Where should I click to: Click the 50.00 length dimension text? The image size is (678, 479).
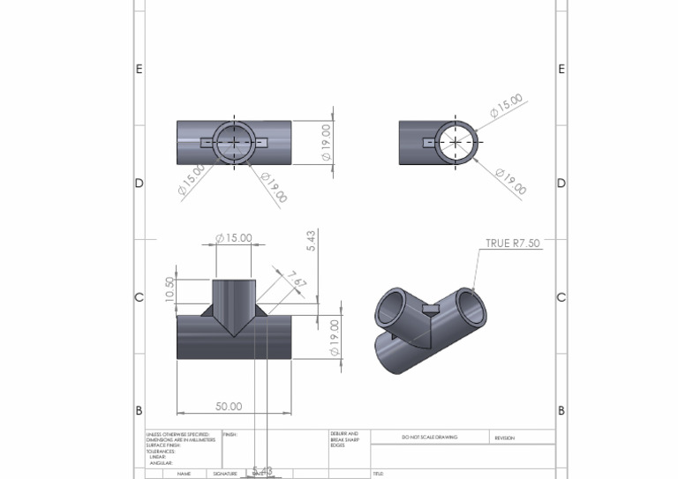coord(229,406)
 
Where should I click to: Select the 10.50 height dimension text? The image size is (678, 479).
coord(170,289)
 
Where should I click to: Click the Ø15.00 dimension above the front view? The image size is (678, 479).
coord(234,238)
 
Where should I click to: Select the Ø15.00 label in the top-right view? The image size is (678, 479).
coord(507,107)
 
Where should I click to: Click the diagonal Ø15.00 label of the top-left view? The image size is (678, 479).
coord(192,178)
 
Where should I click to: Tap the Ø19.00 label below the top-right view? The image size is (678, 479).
coord(510,182)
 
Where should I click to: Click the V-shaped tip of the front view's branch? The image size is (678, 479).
coord(235,333)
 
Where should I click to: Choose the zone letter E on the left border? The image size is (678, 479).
coord(139,69)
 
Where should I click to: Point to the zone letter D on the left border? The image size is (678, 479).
coord(139,183)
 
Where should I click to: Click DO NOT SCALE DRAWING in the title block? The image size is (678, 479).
coord(429,438)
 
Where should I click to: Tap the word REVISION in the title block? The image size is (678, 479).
coord(504,438)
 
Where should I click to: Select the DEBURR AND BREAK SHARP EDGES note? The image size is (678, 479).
coord(344,439)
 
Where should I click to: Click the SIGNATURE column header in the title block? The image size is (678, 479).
coord(225,474)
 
